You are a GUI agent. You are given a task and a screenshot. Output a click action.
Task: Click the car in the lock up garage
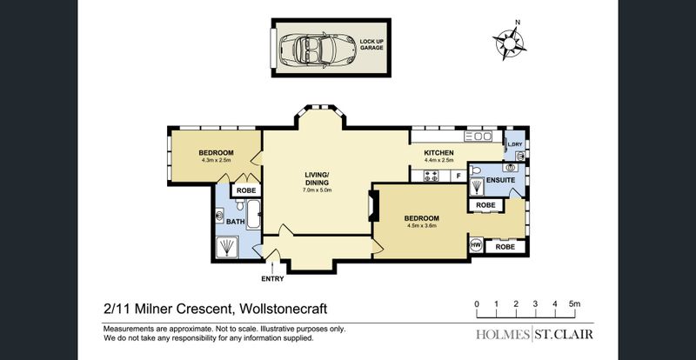318,48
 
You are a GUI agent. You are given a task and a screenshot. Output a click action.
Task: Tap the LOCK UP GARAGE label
371,44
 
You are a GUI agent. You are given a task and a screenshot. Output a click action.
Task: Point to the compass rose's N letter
517,23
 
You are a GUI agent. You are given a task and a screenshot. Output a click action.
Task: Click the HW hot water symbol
476,245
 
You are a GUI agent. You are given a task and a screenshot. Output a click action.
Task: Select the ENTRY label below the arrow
272,279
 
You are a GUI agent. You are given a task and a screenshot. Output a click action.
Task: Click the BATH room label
235,221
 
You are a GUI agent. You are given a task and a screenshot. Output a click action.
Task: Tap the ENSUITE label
501,180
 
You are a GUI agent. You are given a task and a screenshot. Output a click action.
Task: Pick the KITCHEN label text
438,153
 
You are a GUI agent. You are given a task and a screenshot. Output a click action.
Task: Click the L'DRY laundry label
515,144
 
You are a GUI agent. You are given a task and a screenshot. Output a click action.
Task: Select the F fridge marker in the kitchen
458,177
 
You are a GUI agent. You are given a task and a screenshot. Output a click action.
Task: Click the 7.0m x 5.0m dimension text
317,190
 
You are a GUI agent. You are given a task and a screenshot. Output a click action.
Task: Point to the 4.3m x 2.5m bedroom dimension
216,160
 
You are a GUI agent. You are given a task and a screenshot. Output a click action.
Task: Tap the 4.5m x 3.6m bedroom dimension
421,225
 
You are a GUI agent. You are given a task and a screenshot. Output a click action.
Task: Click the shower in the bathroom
227,247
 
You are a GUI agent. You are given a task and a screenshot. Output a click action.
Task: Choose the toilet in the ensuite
475,169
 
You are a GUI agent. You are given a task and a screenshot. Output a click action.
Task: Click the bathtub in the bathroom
253,215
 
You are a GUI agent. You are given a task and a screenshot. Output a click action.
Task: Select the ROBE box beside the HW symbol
505,247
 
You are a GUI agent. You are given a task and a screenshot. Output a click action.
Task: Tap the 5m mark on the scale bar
574,304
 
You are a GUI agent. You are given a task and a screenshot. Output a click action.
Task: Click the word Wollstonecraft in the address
284,309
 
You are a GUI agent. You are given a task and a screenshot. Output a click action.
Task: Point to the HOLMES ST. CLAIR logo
534,334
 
